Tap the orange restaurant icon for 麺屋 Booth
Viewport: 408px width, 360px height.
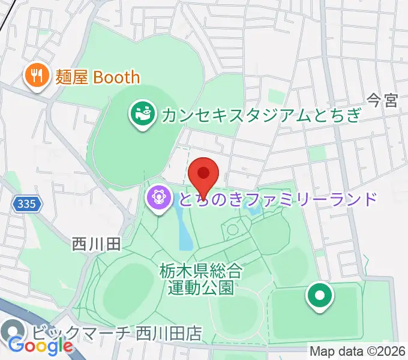tap(37, 76)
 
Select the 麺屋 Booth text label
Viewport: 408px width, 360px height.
tap(97, 77)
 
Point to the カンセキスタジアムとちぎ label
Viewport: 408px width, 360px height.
tap(260, 113)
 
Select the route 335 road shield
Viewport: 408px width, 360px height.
tap(26, 205)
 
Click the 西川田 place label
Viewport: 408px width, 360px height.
tap(97, 244)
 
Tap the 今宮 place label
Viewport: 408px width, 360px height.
tap(382, 100)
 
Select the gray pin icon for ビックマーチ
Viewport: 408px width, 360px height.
tap(13, 332)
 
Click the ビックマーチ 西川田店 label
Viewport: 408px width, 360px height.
tap(117, 332)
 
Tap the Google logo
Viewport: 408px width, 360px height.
tap(40, 346)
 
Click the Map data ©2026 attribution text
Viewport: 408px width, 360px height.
tap(358, 351)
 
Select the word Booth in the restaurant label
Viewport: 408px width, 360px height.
tap(116, 77)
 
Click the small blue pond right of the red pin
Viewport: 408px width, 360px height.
tap(254, 209)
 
